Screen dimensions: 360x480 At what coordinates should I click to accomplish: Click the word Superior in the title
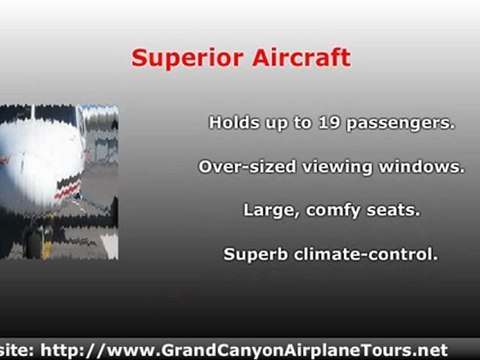[x=180, y=58]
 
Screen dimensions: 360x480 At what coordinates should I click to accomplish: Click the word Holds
[x=232, y=123]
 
